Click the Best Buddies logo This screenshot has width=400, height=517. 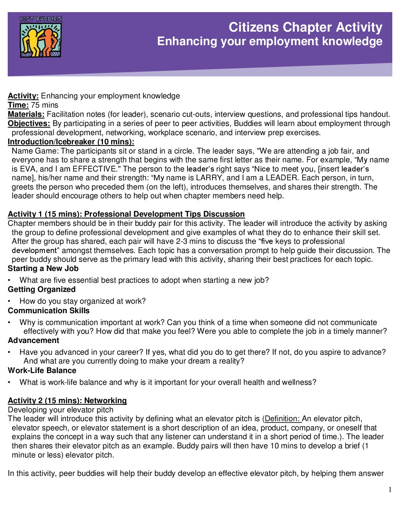40,37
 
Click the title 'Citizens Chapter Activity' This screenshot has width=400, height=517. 305,27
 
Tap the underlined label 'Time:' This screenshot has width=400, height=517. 18,105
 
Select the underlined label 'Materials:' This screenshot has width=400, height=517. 26,114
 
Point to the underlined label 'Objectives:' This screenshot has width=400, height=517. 29,123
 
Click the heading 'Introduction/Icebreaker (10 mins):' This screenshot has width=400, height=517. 71,142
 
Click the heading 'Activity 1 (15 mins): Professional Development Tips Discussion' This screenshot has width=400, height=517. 126,214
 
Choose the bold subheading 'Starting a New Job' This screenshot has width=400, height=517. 43,268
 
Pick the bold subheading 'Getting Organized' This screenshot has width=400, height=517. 42,289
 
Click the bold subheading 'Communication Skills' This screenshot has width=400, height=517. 49,311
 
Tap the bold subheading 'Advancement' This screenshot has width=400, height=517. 33,340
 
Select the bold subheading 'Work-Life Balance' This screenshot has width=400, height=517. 42,370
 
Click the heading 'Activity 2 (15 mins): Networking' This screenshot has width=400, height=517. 67,401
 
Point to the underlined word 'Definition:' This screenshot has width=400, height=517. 282,419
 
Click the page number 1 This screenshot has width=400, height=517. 390,489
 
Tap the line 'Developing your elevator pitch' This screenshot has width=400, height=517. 61,410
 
